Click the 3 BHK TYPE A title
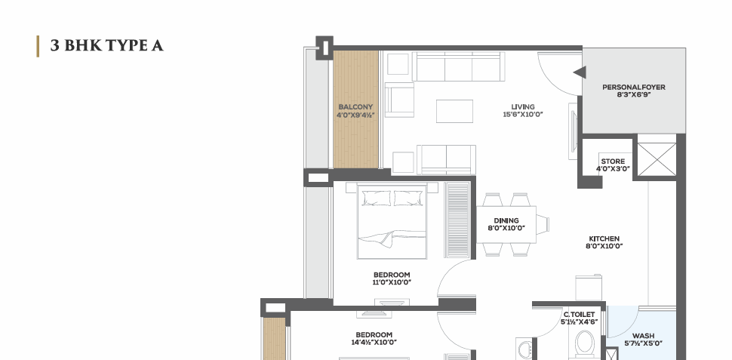[x=107, y=46]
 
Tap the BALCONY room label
[x=355, y=107]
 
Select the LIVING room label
[x=523, y=107]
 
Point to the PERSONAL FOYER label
[x=633, y=88]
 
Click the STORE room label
[x=613, y=161]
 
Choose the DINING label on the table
[x=506, y=220]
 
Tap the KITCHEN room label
[x=604, y=238]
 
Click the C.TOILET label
[x=579, y=315]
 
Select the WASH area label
[x=643, y=336]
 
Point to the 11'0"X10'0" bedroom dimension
[x=392, y=282]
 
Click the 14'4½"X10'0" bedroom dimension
[x=374, y=342]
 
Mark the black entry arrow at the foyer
[x=580, y=72]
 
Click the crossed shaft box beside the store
[x=657, y=160]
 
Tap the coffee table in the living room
[x=454, y=111]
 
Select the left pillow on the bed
[x=377, y=198]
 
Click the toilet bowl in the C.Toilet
[x=585, y=344]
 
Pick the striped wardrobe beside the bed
[x=457, y=220]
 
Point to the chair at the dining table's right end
[x=543, y=224]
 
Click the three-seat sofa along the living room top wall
[x=458, y=66]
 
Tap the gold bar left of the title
[x=38, y=46]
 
